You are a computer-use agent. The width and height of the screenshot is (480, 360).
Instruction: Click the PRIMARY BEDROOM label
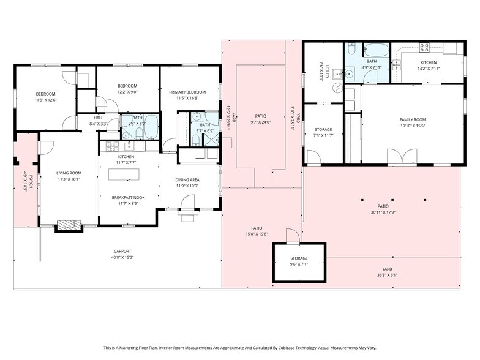tap(187, 92)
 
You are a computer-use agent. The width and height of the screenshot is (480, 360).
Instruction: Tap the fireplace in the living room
tap(68, 225)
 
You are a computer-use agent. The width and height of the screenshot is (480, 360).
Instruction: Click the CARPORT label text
tap(122, 251)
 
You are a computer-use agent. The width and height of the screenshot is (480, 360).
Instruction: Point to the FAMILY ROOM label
tap(412, 119)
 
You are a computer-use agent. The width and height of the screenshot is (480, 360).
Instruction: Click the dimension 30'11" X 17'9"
tap(383, 213)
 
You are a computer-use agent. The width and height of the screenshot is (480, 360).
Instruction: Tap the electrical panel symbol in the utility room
tap(336, 88)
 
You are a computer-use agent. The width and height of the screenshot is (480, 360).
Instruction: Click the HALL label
tap(99, 118)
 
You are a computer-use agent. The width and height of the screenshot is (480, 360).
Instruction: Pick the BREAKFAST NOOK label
tap(127, 197)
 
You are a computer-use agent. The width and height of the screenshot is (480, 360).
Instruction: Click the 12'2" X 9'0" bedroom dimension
tap(127, 92)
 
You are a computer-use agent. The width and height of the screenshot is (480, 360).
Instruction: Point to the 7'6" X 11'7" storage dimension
tap(323, 135)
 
